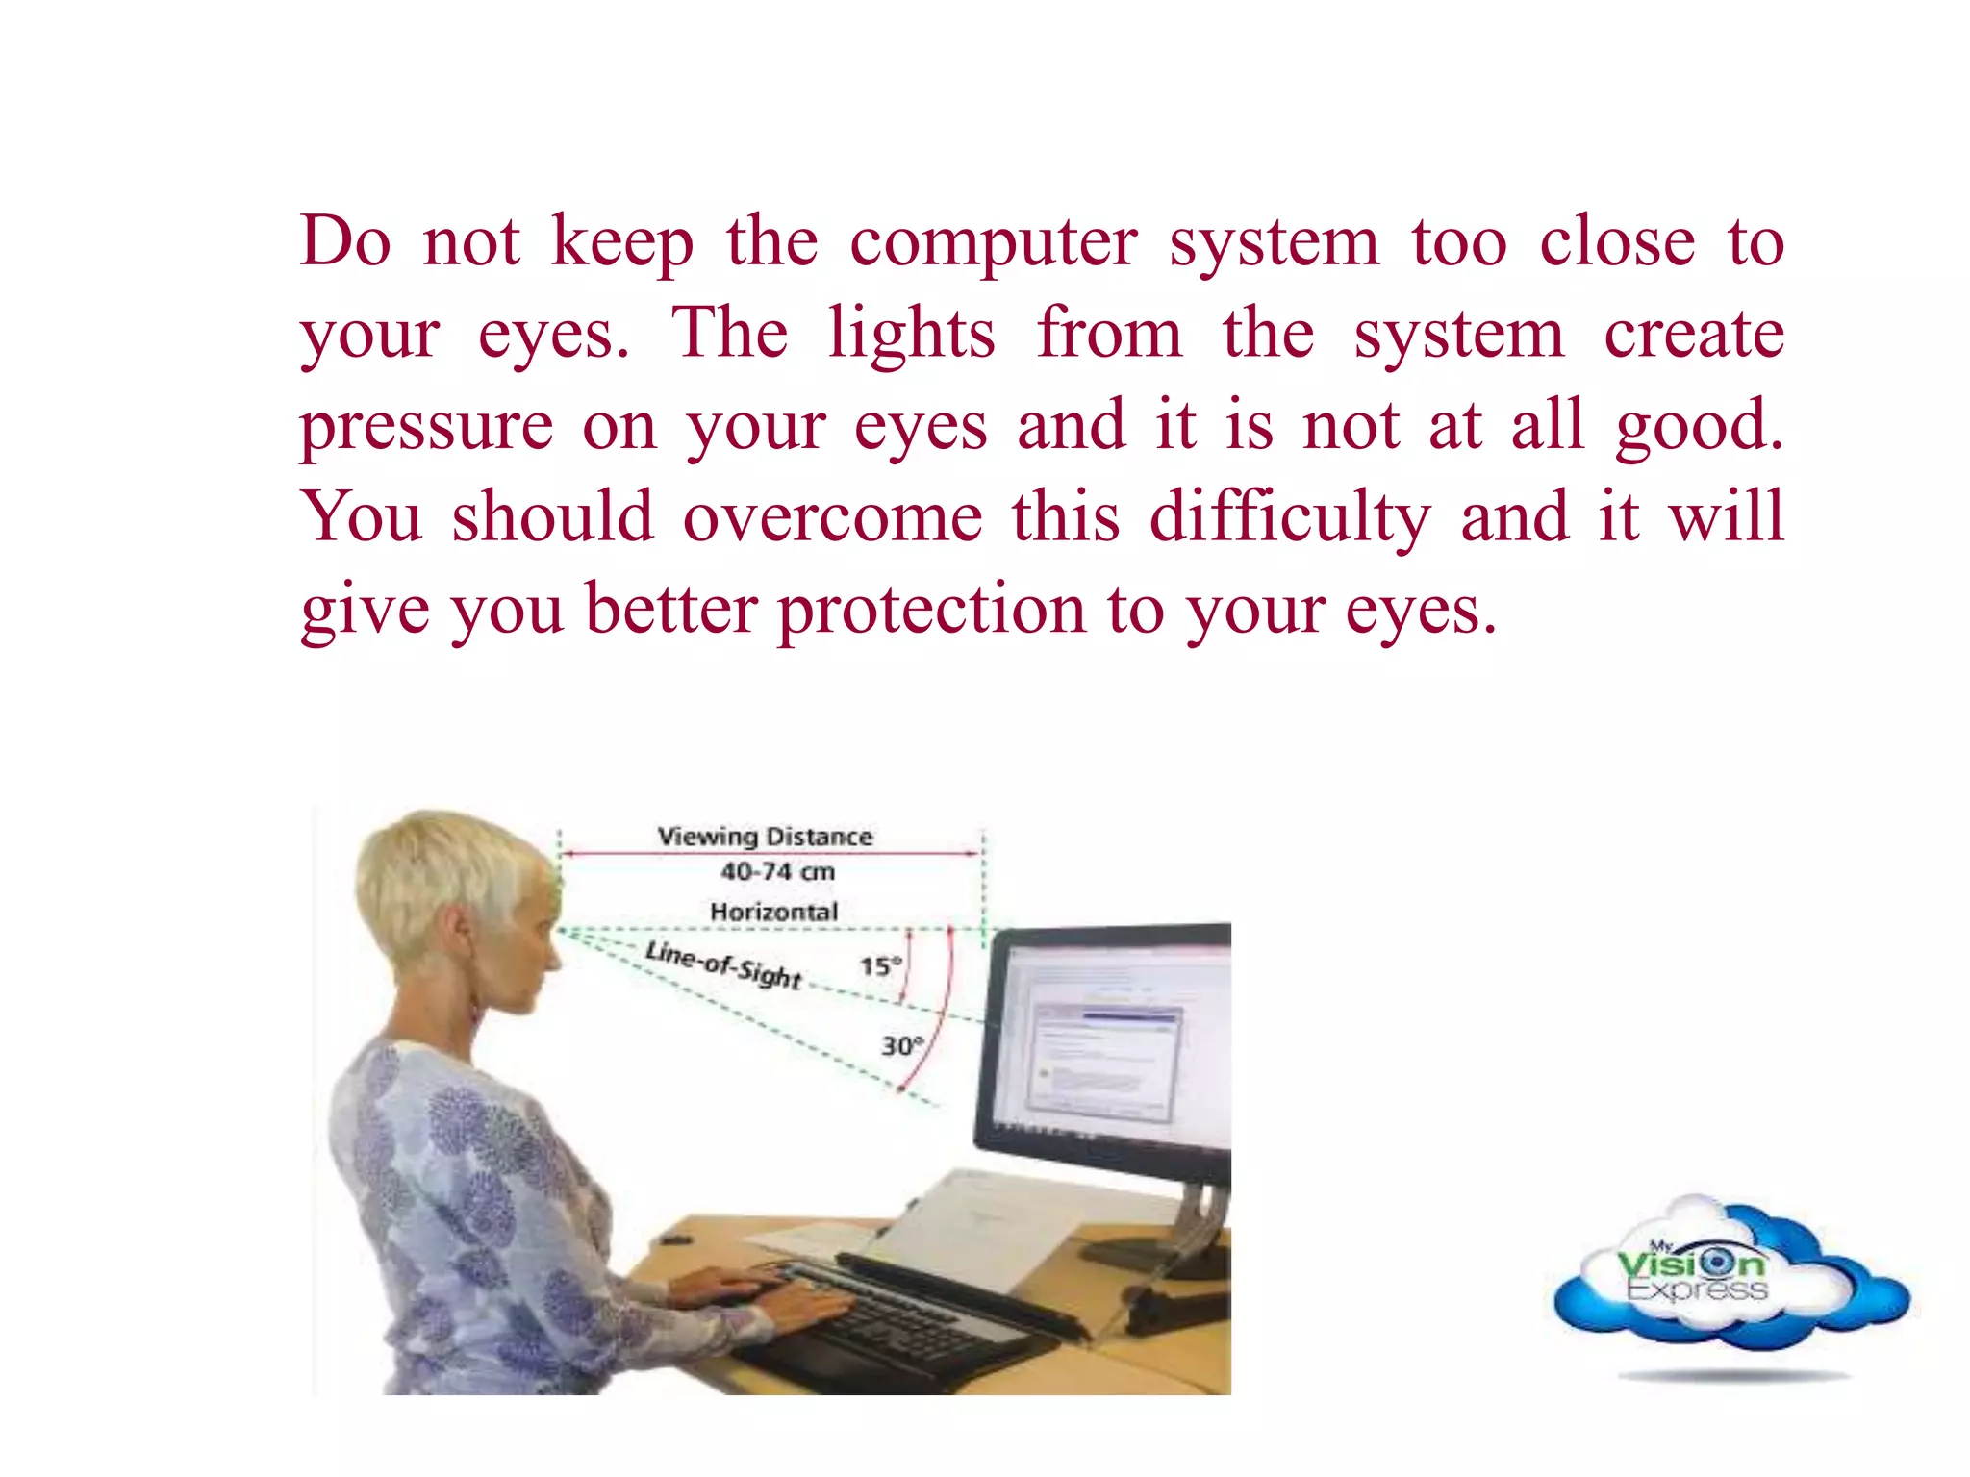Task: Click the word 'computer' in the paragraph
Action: [993, 242]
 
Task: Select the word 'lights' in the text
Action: [911, 334]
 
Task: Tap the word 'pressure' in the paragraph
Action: [426, 426]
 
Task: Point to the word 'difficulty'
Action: [1290, 518]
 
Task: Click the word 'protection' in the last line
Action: [931, 610]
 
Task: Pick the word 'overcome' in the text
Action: [832, 518]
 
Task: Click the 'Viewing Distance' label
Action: [765, 837]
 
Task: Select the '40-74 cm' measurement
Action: [777, 872]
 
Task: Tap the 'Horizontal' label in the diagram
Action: [773, 912]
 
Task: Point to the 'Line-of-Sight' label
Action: [723, 964]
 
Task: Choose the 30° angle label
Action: [901, 1045]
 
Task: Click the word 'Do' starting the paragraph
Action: [345, 242]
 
